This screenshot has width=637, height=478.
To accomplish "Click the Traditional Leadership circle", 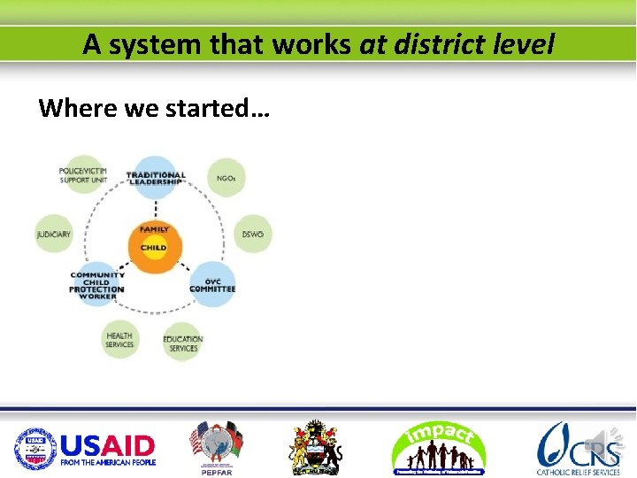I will coord(156,176).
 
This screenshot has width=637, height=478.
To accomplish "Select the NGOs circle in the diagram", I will coord(226,178).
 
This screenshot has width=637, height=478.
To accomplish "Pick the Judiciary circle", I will coord(54,235).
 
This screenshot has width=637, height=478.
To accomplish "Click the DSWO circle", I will coord(253,235).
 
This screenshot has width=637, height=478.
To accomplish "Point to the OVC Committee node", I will coord(212,284).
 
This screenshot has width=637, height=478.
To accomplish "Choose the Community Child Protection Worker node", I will coord(97,285).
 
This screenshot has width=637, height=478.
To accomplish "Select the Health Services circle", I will coord(119,340).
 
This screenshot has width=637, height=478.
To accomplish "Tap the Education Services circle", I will coord(183,343).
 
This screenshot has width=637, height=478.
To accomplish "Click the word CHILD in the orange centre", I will coord(154,248).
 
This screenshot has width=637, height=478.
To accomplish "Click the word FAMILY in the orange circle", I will coord(155,230).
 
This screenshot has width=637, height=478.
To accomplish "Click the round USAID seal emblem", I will coord(34,449).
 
